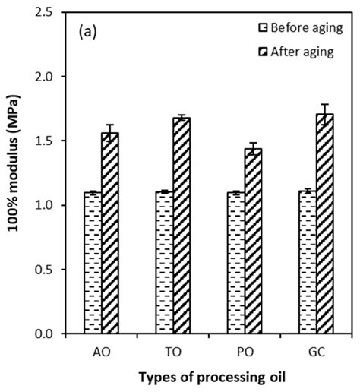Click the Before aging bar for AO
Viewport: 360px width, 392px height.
pyautogui.click(x=93, y=263)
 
